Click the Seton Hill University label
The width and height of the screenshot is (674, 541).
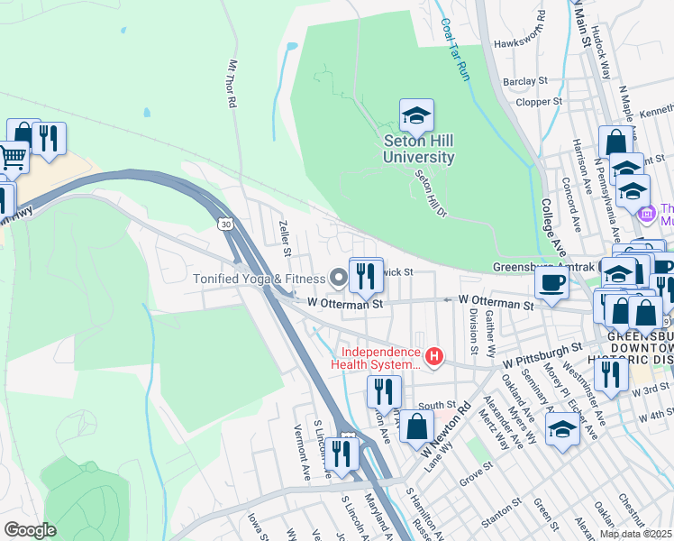[418, 149]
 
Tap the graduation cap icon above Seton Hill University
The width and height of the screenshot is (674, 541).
[416, 115]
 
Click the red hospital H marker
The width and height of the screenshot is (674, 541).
[435, 358]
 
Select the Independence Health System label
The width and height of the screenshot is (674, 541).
[380, 358]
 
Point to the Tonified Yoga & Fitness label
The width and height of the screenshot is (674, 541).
[259, 279]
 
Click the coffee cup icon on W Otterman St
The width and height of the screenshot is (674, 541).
[551, 284]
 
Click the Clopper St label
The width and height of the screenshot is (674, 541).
[539, 103]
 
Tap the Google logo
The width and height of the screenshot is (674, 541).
[30, 530]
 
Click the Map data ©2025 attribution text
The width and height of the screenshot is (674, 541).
[636, 534]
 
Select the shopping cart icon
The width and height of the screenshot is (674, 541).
[12, 158]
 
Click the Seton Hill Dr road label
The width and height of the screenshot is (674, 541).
[431, 195]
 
